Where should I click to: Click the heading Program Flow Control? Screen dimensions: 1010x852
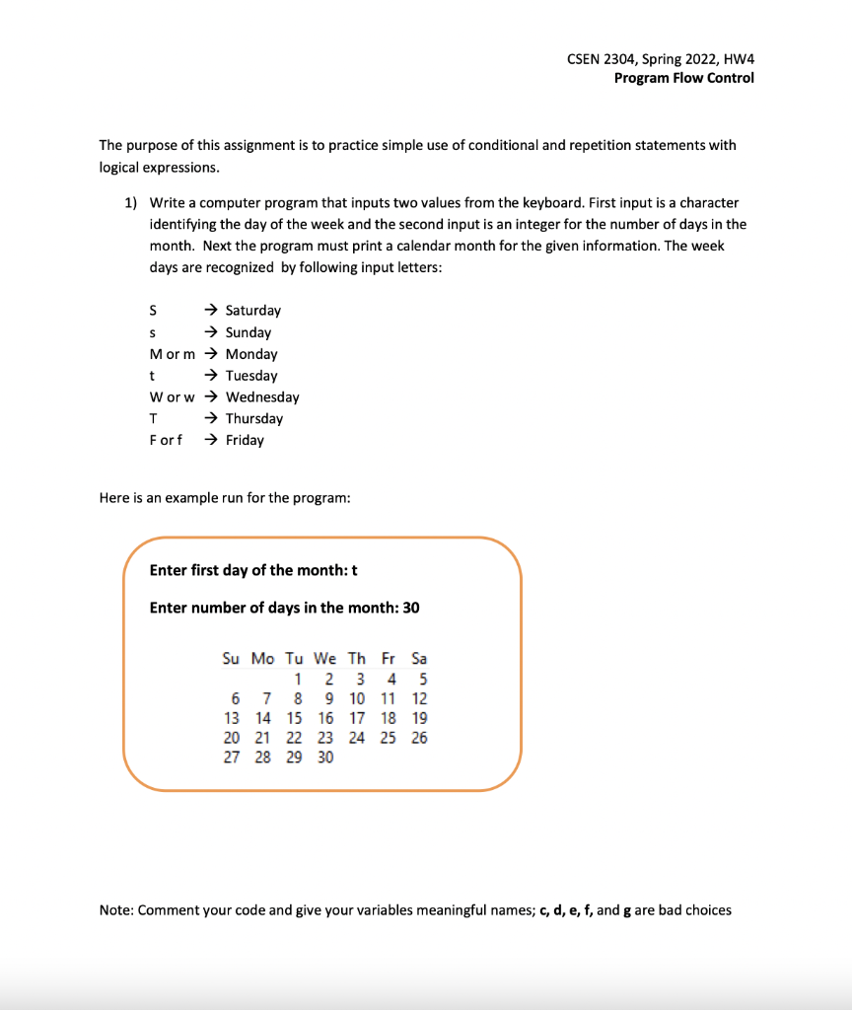coord(683,78)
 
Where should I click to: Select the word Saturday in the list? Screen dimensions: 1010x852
coord(252,311)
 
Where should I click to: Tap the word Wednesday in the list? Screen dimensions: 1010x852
coord(262,397)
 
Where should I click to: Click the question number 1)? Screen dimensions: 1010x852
coord(130,202)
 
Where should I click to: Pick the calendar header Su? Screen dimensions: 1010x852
coord(231,658)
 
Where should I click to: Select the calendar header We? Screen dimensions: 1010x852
coord(324,658)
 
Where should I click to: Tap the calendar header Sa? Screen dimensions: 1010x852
coord(419,658)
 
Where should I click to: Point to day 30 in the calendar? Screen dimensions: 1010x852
coord(324,757)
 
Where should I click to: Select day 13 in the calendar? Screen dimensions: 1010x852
coord(232,718)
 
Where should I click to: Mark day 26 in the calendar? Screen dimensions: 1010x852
coord(419,738)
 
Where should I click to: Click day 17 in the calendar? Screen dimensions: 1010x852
coord(356,718)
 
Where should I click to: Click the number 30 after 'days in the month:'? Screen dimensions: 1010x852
coord(409,608)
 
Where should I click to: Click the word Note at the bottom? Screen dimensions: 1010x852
coord(115,910)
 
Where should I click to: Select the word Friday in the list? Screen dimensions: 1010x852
coord(245,440)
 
